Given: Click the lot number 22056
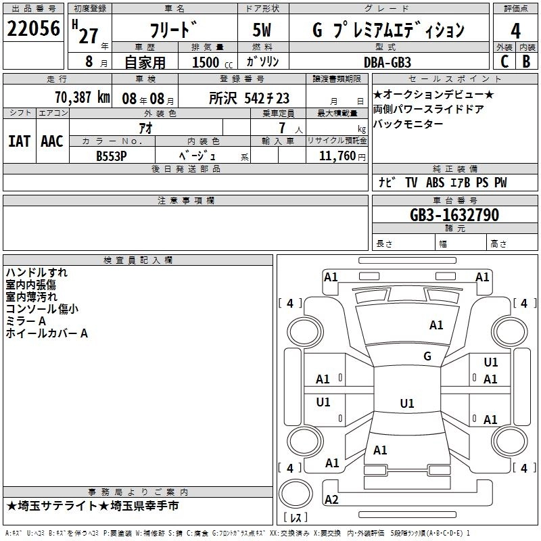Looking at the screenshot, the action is click(x=33, y=30).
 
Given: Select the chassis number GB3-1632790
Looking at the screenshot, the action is click(x=454, y=215).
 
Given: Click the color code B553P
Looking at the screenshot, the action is click(x=112, y=155).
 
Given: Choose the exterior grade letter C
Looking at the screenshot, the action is click(x=504, y=62).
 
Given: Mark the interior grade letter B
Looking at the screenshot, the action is click(x=527, y=62).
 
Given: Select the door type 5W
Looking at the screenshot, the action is click(x=264, y=31).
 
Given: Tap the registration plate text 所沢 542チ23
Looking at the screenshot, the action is click(x=250, y=98).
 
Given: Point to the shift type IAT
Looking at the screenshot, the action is click(x=19, y=141).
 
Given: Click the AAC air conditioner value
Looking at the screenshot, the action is click(x=52, y=141).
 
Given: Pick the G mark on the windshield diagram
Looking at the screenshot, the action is click(x=427, y=356).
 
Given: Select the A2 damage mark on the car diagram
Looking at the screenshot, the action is click(x=331, y=500).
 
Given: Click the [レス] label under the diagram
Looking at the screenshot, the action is click(x=296, y=519).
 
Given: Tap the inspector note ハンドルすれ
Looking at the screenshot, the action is click(x=37, y=273).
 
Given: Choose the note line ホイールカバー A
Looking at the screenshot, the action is click(x=47, y=333).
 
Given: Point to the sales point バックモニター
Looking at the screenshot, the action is click(x=408, y=124).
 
